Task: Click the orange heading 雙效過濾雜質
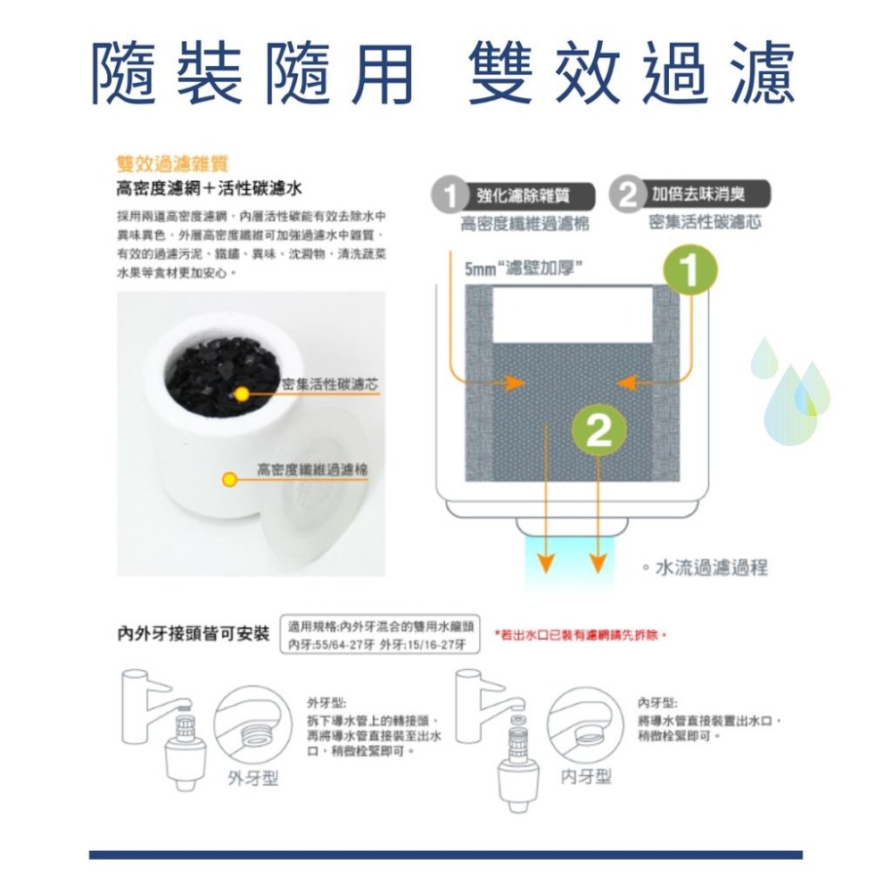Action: pyautogui.click(x=172, y=165)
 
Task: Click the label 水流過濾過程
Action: pyautogui.click(x=711, y=567)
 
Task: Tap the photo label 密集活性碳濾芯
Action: pyautogui.click(x=328, y=384)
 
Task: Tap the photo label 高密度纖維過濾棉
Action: pyautogui.click(x=312, y=469)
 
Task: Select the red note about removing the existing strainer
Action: pyautogui.click(x=585, y=635)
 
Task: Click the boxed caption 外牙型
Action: pyautogui.click(x=252, y=778)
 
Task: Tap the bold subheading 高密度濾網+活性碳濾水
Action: pyautogui.click(x=211, y=188)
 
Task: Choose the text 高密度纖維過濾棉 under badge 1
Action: pyautogui.click(x=524, y=223)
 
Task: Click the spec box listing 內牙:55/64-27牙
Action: pyautogui.click(x=381, y=635)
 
